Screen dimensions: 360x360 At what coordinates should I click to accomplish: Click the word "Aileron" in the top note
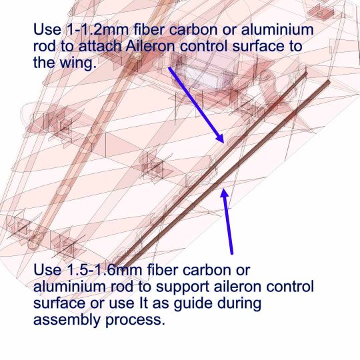[x=151, y=46]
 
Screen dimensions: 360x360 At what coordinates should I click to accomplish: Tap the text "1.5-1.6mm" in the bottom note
[x=105, y=270]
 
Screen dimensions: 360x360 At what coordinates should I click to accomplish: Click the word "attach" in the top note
[x=100, y=46]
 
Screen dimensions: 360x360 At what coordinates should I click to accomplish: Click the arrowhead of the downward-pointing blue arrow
[x=220, y=138]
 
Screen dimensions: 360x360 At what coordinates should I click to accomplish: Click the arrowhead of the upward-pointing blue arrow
[x=225, y=193]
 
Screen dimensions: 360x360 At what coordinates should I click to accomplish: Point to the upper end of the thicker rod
[x=329, y=81]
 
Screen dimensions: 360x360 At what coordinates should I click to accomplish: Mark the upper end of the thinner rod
[x=306, y=73]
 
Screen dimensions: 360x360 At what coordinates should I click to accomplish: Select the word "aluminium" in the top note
[x=277, y=30]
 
